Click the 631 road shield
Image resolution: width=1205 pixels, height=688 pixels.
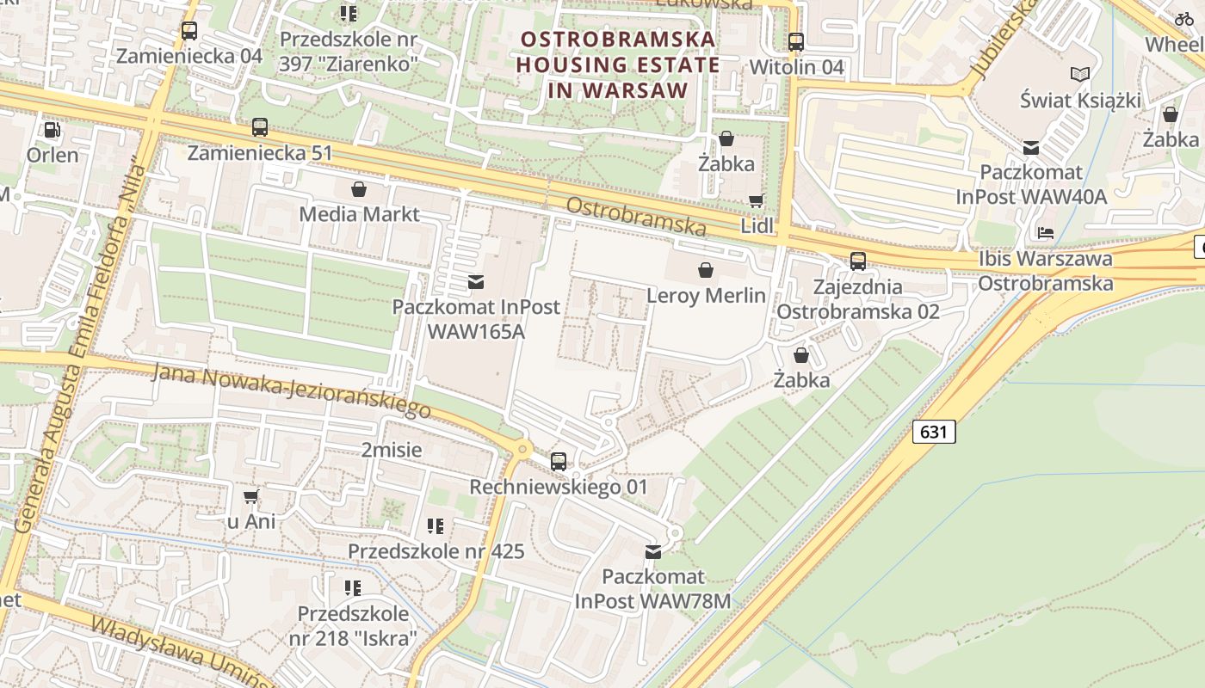pos(934,431)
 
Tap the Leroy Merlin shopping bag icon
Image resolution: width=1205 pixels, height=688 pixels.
pos(706,270)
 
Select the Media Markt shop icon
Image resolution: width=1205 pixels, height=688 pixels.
pos(359,188)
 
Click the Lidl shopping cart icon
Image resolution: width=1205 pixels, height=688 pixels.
pos(756,200)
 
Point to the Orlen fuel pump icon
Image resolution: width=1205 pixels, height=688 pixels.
pos(53,130)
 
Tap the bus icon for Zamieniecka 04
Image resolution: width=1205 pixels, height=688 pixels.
pos(189,31)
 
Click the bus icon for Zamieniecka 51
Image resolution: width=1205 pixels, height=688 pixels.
pos(260,127)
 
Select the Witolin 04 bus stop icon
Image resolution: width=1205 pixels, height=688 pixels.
pos(796,41)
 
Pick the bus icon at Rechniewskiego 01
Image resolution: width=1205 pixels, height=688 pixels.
pos(559,462)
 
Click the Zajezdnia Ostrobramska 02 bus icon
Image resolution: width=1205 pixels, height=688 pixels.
pos(858,261)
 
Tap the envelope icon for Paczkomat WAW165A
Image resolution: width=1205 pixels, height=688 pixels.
pos(476,281)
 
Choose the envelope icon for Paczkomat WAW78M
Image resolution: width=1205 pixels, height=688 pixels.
pos(653,551)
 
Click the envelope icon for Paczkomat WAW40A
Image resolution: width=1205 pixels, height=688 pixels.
pos(1031,148)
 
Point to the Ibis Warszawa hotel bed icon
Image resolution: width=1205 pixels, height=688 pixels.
pos(1046,233)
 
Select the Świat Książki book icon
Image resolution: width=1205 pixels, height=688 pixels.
pos(1079,75)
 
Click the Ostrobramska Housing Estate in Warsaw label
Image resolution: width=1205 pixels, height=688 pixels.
pos(618,64)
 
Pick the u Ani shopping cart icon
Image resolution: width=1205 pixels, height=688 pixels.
pos(251,496)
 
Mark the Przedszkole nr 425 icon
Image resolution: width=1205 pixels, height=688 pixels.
pos(436,525)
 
